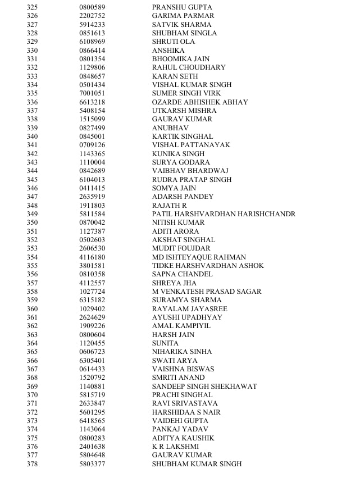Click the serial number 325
pos(32,7)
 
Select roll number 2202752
pos(92,16)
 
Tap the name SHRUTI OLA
pos(174,42)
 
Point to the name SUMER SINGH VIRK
pos(186,93)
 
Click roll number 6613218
pos(92,102)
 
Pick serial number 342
pos(32,154)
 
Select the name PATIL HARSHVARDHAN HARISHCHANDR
pos(224,214)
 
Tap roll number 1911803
pos(92,206)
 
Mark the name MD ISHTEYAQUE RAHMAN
pos(199,257)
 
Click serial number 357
pos(32,283)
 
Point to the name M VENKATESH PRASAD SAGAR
pos(207,292)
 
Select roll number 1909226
pos(92,326)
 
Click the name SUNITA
pos(165,343)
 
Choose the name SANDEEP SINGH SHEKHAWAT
pos(204,387)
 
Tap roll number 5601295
pos(92,412)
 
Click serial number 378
pos(32,464)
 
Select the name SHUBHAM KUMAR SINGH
pos(197,464)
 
